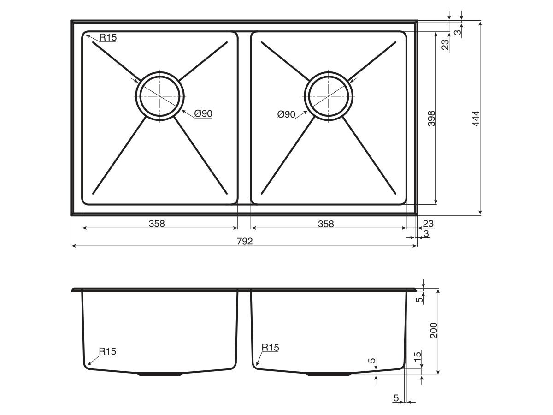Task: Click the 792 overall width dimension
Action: point(245,241)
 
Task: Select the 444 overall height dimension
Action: point(476,119)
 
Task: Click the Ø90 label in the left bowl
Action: point(203,113)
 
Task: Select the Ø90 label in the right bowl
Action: point(286,114)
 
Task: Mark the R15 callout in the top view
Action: point(108,37)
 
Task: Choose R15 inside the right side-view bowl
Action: point(270,348)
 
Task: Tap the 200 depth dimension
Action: point(433,331)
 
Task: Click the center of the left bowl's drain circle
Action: point(160,95)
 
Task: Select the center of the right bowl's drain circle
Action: point(329,95)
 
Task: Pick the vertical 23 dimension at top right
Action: point(445,45)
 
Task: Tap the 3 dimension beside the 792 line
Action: point(426,234)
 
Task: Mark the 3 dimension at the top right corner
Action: point(457,32)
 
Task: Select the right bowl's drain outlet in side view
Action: point(329,374)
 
